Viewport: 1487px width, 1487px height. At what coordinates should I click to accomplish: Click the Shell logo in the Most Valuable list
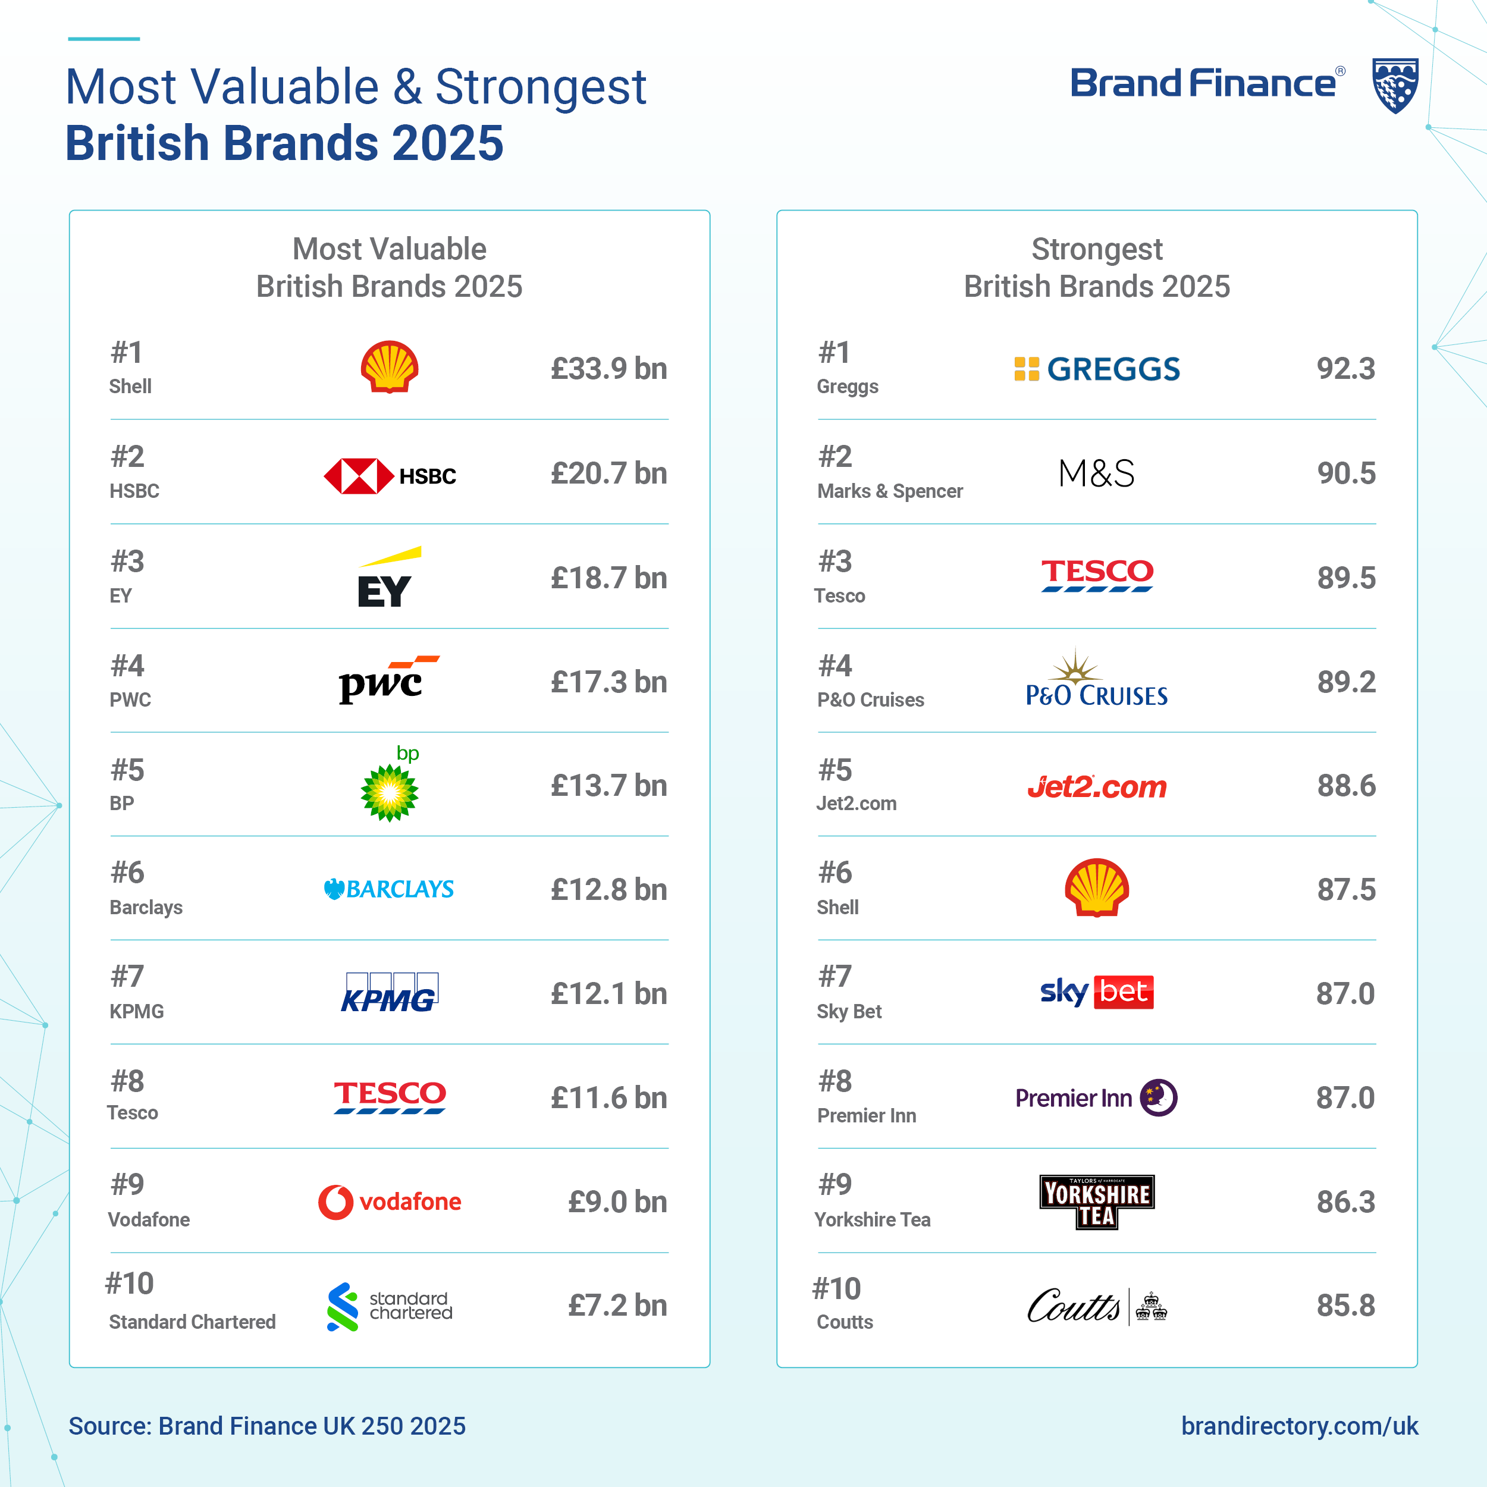390,367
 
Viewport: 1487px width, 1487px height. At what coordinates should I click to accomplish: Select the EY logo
388,579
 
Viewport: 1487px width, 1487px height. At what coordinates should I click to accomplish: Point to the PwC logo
388,680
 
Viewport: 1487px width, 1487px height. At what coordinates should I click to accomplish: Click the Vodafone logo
390,1201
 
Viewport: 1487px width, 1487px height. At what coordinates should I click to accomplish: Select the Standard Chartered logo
390,1306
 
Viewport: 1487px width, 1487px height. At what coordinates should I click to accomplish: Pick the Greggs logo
1097,369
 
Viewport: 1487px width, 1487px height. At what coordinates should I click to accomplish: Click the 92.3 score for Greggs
1345,369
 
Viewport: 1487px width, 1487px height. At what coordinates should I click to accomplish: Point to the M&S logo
1096,473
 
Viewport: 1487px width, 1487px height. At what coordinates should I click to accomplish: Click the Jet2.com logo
1097,786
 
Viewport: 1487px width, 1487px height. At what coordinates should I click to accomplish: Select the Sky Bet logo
1097,992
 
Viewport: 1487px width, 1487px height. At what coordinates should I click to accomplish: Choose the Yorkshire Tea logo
1097,1201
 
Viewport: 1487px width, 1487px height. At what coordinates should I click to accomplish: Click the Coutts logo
1097,1306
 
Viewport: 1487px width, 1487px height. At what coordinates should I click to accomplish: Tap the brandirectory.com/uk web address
1299,1425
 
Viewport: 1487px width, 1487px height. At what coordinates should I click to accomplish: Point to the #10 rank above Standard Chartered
129,1283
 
